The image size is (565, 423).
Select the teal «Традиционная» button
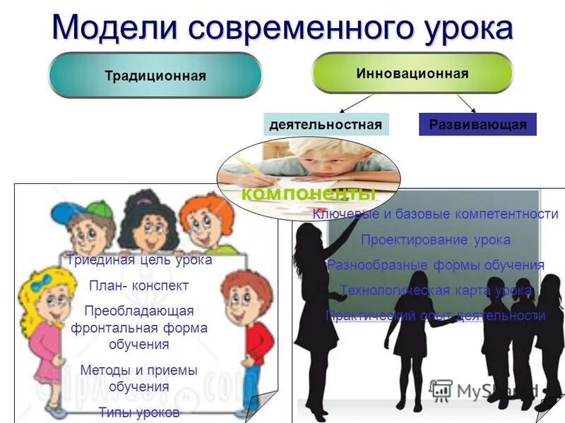pos(155,75)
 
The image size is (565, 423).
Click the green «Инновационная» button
pos(412,73)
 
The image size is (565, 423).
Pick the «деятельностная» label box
pos(326,125)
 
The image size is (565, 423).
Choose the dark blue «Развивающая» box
pos(477,125)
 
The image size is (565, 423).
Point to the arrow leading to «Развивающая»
pos(466,103)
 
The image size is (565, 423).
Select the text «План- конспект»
pos(139,286)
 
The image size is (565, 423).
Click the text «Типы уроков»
pos(139,412)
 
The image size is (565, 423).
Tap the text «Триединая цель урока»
pos(139,259)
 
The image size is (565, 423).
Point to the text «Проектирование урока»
pos(435,240)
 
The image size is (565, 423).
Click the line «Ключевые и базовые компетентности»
pos(435,214)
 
